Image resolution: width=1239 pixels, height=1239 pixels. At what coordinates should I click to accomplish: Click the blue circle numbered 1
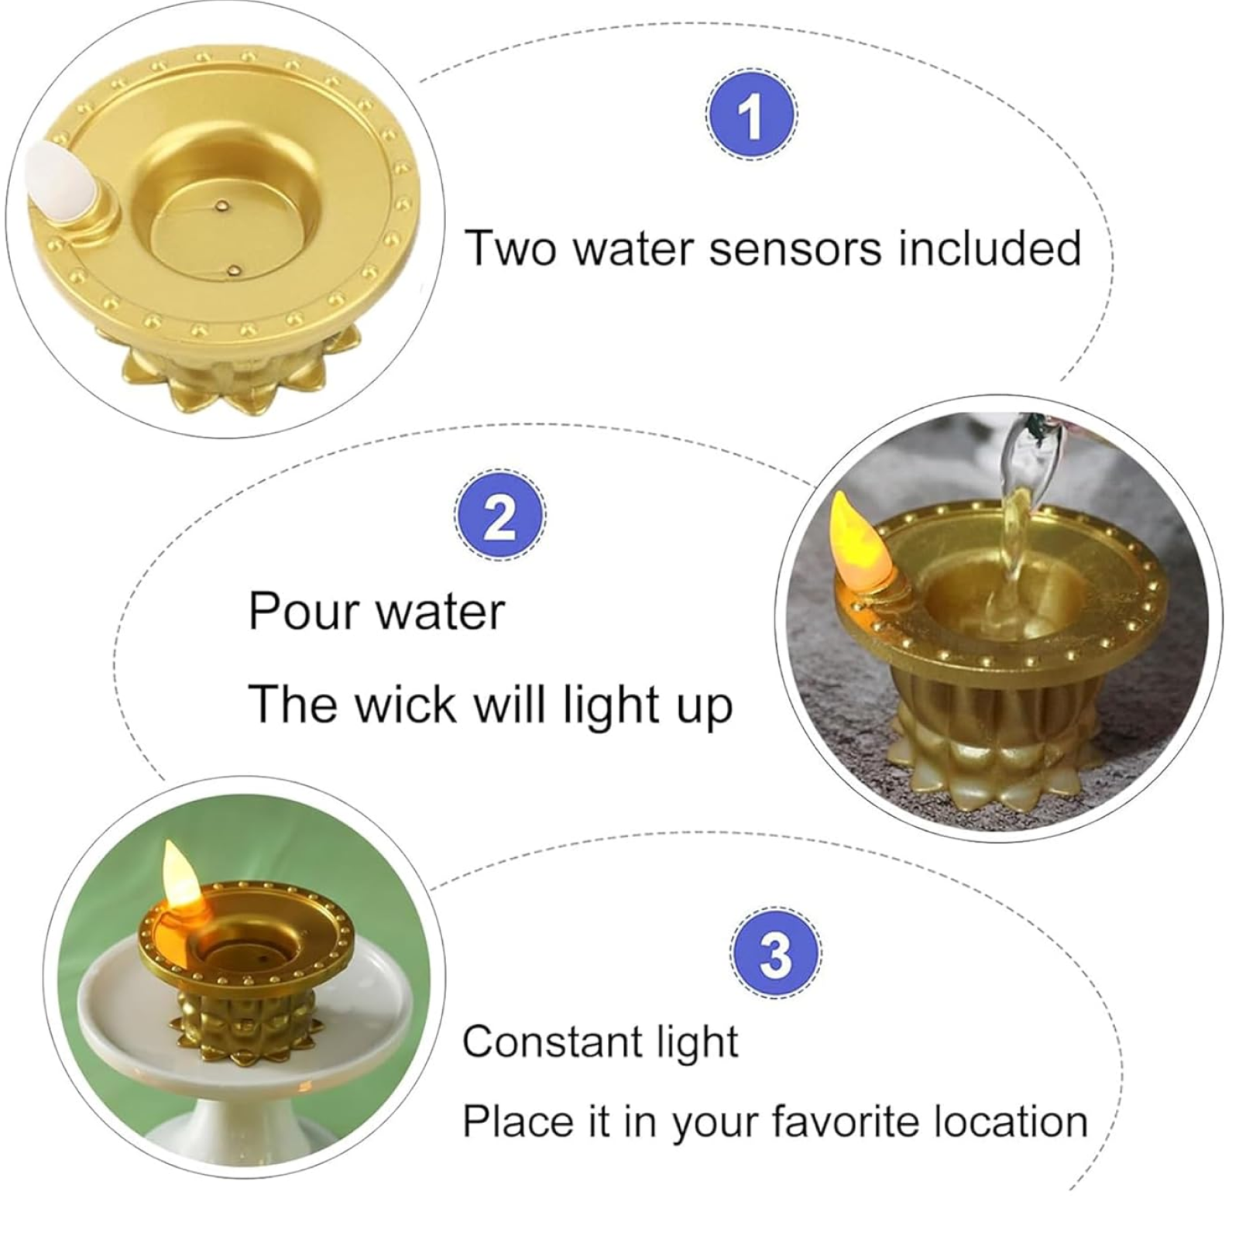[x=751, y=115]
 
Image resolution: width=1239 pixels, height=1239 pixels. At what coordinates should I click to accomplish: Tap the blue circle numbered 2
[x=499, y=515]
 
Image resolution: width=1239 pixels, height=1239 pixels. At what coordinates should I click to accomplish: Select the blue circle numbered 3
[x=775, y=952]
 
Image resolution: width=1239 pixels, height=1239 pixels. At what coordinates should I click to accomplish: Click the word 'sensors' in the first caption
[x=795, y=249]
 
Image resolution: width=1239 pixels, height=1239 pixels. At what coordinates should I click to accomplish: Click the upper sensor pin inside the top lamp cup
[x=223, y=207]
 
